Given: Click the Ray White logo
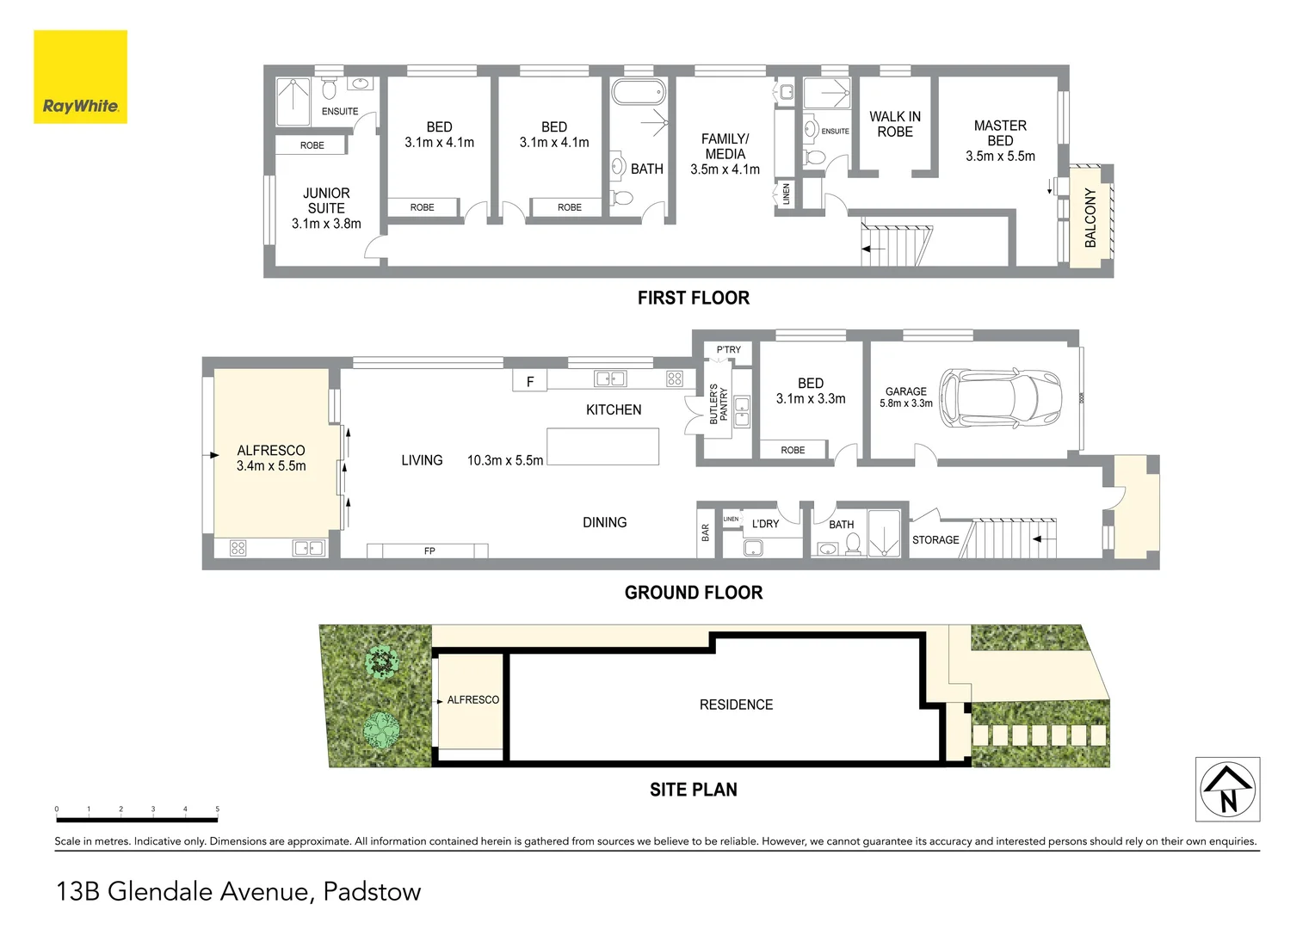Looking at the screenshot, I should [x=80, y=77].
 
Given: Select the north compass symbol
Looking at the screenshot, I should [x=1228, y=789].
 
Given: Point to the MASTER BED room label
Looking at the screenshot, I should [x=1000, y=133].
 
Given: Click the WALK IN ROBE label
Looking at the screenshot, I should [x=895, y=124].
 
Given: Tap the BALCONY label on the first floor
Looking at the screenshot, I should [x=1090, y=218].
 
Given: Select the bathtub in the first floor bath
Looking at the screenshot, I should [x=638, y=91].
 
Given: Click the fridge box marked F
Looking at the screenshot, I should [x=530, y=381].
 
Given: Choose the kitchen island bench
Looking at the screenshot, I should [x=603, y=446].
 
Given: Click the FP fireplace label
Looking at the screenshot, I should [x=429, y=551].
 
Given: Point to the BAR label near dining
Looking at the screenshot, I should [x=706, y=532].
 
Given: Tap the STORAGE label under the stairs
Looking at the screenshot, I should [x=935, y=540].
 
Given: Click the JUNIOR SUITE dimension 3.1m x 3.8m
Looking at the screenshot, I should [x=326, y=224].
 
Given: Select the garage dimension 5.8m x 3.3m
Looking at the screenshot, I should [x=905, y=403].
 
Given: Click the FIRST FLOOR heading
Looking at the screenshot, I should [x=693, y=298].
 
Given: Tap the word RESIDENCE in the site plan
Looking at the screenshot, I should [x=736, y=704].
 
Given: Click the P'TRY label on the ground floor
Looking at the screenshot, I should [x=728, y=350].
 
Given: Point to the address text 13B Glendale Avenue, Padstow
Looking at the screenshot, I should [x=238, y=891].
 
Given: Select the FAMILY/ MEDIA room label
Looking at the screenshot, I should [x=725, y=146].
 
